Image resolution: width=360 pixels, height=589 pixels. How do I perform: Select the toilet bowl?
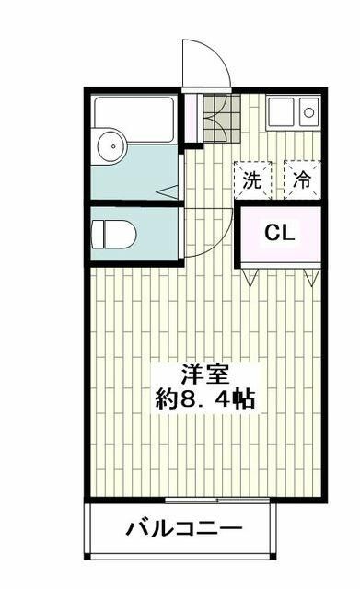116,236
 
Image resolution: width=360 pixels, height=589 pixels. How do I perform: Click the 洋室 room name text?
204,375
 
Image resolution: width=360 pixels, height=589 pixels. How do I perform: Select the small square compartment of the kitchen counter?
308,114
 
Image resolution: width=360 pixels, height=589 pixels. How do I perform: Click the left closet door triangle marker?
249,272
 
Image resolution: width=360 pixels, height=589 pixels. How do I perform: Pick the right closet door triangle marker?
311,272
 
